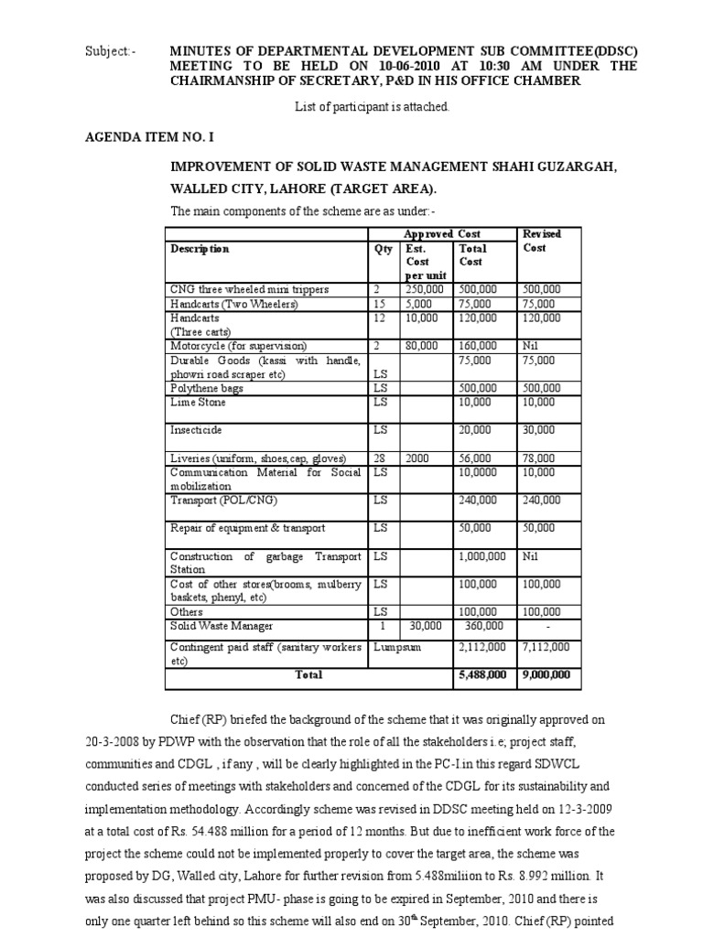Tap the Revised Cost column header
(540, 241)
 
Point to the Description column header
(200, 249)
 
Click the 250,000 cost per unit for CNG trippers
(423, 290)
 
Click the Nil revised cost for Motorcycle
(531, 346)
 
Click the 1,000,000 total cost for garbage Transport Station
(482, 556)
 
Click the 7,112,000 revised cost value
(546, 648)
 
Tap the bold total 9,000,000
(546, 675)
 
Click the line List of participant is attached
(372, 107)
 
